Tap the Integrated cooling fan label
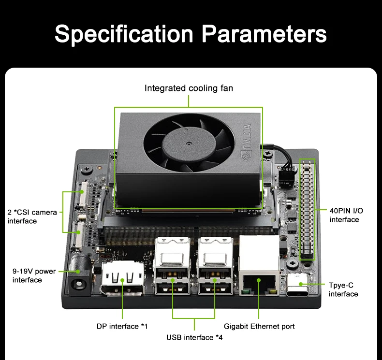189,88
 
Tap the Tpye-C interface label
343,289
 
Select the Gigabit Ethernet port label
259,326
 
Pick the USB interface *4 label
194,337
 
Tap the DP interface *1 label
122,326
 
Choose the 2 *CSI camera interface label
32,216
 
